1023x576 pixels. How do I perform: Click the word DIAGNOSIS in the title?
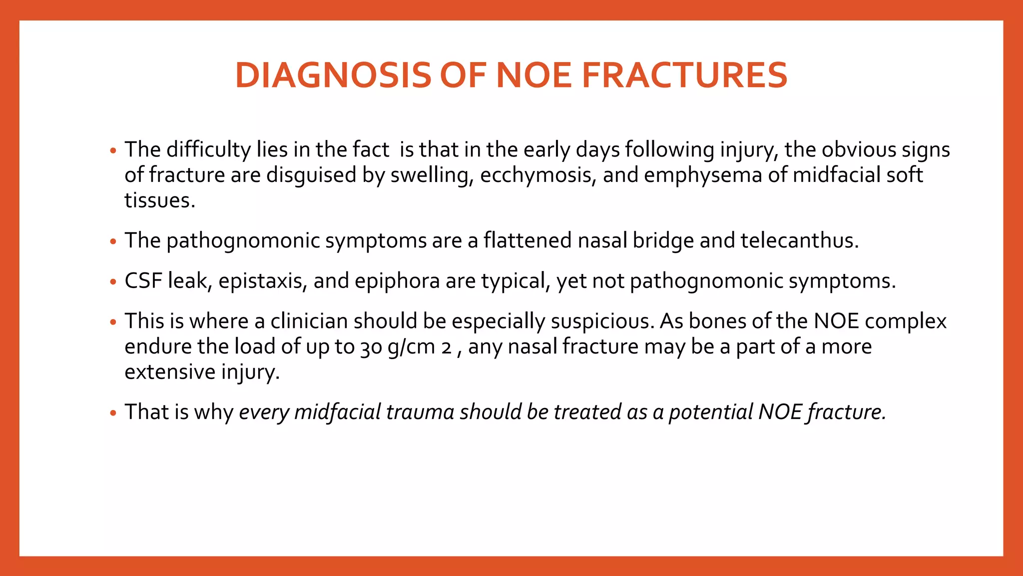(333, 75)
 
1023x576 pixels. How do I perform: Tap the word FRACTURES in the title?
(684, 75)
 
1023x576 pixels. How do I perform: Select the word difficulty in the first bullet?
(208, 150)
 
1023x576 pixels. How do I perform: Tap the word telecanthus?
(799, 240)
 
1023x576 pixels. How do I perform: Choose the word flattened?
(527, 240)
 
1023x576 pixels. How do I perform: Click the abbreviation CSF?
(143, 281)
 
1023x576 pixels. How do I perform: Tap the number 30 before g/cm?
(371, 347)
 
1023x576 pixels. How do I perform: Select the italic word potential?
(710, 412)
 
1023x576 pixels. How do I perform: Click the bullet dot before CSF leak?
(113, 282)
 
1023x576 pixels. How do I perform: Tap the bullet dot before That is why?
(113, 413)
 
